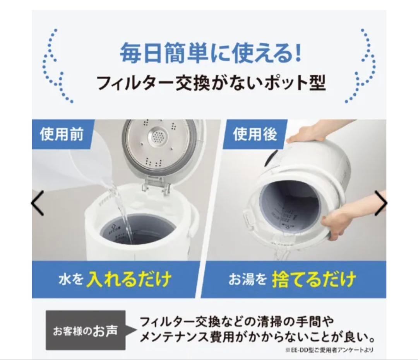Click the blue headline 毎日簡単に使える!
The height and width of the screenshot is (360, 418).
click(210, 54)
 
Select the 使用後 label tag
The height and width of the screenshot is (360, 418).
click(254, 134)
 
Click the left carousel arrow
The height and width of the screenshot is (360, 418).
click(38, 203)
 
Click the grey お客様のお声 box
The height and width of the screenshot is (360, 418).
click(86, 331)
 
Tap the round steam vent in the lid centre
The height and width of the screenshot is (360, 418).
click(158, 137)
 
